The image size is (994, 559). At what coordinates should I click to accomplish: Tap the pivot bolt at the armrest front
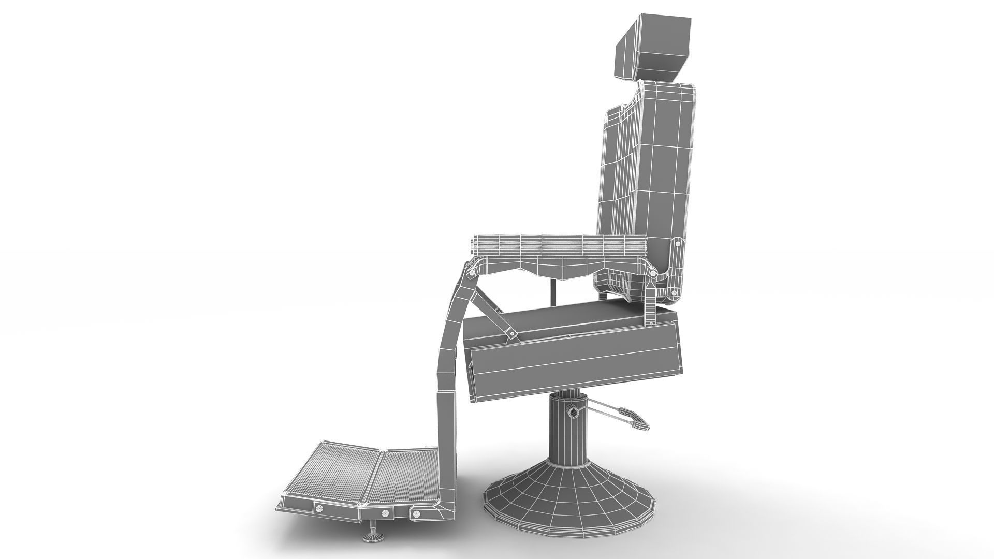pos(472,272)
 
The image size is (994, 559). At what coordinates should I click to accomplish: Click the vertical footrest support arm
pos(448,393)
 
